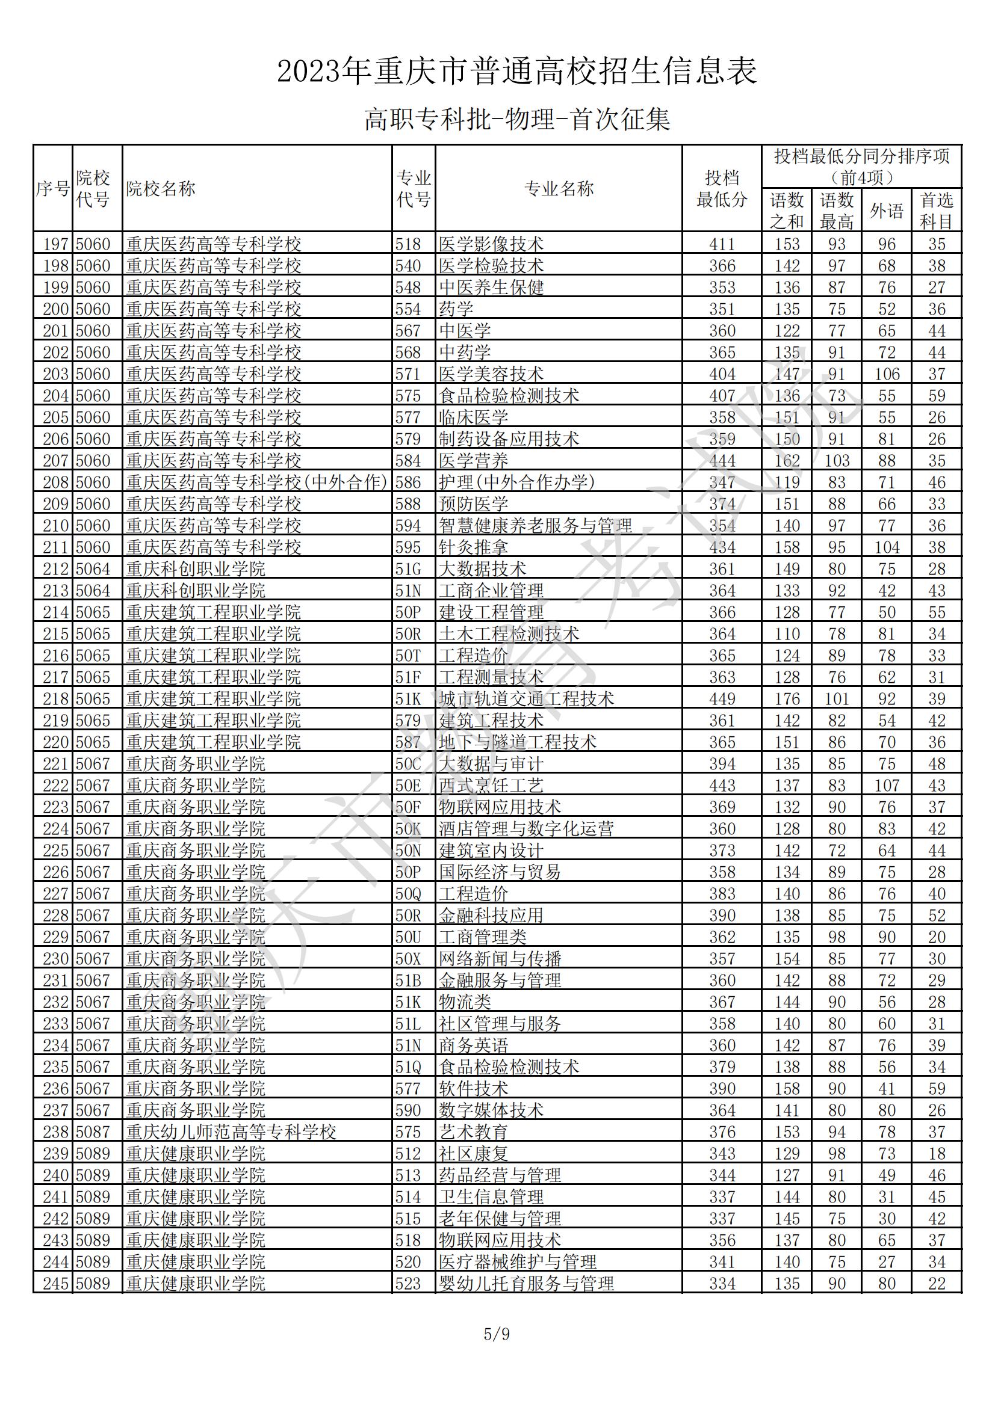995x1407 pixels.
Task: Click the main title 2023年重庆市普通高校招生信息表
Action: click(517, 72)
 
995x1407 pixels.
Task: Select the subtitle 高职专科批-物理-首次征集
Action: click(517, 120)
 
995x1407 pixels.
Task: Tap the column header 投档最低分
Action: click(722, 189)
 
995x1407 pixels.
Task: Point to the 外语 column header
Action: click(887, 211)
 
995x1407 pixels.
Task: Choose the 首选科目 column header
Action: click(936, 211)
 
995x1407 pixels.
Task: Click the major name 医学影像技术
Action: click(491, 244)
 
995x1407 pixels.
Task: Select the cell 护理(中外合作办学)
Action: click(517, 482)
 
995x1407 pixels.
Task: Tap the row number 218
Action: click(55, 698)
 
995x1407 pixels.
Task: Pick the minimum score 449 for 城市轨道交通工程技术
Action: click(722, 698)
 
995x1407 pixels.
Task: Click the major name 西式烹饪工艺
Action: click(491, 785)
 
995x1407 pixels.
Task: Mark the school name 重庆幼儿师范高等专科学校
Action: click(231, 1131)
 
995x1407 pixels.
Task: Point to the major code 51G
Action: click(408, 568)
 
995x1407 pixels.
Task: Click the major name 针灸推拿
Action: click(473, 547)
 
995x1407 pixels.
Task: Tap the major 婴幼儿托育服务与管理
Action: click(526, 1283)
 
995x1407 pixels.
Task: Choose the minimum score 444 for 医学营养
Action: click(722, 460)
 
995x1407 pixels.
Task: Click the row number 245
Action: click(55, 1283)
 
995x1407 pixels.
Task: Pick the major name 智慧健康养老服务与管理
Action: click(535, 525)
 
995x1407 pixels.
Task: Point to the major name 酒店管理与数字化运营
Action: click(526, 828)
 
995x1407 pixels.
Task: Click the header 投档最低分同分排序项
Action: click(861, 156)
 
